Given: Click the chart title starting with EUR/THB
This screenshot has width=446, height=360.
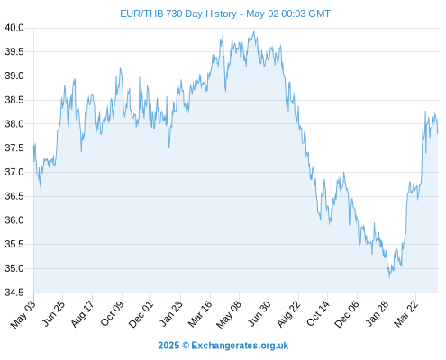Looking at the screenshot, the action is [x=225, y=13].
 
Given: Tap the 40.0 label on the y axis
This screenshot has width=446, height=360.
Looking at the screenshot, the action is [x=14, y=28].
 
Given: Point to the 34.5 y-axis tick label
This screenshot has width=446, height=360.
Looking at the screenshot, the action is [x=14, y=292].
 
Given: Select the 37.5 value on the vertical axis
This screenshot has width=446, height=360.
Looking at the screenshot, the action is [x=14, y=148].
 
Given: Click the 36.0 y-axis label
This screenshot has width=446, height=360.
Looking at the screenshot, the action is [x=14, y=220].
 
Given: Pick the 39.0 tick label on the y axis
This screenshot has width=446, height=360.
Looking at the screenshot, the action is [x=14, y=76].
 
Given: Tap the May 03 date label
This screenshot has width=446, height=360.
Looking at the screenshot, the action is [x=23, y=314].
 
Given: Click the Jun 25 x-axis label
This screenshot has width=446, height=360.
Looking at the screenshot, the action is [x=53, y=313].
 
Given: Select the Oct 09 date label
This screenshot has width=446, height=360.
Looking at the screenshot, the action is [x=112, y=313].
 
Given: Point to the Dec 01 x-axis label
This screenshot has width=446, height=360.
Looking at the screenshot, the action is [x=141, y=314].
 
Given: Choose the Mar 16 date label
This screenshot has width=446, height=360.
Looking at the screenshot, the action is [x=200, y=314].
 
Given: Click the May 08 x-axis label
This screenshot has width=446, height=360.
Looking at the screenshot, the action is [x=229, y=314].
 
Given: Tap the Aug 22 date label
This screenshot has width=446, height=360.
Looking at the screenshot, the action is [x=288, y=314].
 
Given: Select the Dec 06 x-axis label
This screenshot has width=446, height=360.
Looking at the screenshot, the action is [x=347, y=314].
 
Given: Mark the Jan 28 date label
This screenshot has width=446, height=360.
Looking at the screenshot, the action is [x=377, y=313].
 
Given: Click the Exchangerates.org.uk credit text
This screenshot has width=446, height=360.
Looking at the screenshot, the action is [x=240, y=346].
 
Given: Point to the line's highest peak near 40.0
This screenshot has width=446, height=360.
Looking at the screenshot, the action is [x=254, y=31].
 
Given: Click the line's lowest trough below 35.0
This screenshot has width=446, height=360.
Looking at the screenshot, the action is [x=389, y=277].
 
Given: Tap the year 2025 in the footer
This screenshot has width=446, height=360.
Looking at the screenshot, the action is [x=168, y=346].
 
